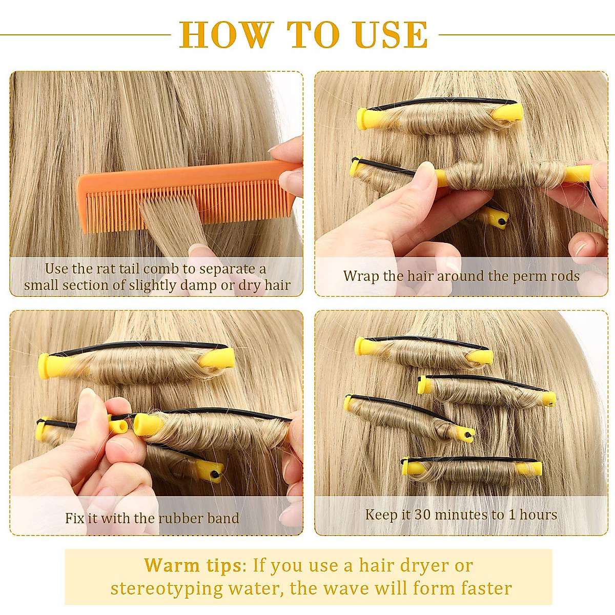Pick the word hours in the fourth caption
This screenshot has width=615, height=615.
(538, 515)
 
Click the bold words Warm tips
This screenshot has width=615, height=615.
(193, 566)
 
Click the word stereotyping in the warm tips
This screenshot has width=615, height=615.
(167, 588)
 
